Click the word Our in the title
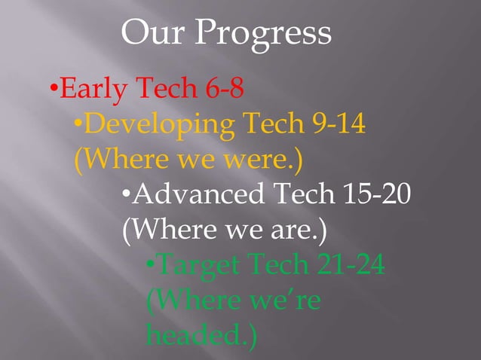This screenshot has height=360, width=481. click(156, 32)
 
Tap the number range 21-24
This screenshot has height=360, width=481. click(354, 265)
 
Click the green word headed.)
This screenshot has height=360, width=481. click(200, 336)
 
